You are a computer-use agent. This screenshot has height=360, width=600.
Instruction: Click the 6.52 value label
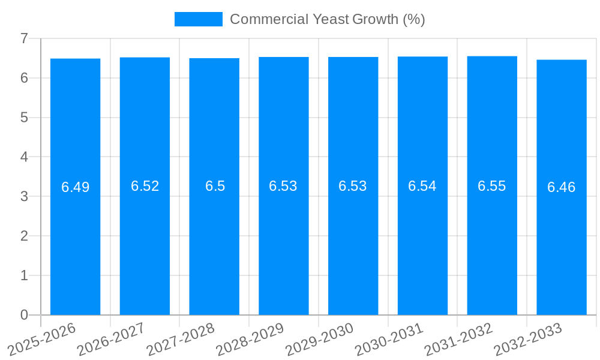tap(145, 186)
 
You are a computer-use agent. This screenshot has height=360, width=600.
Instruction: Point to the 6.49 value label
tap(75, 187)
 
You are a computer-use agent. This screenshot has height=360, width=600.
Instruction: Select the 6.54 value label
tap(422, 186)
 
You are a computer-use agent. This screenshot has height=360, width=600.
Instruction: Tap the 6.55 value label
tap(492, 186)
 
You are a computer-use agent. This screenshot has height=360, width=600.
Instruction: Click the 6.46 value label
tap(561, 187)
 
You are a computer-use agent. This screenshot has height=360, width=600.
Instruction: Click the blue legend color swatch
tap(198, 19)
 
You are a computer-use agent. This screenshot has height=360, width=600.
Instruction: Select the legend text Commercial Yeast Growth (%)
tap(327, 19)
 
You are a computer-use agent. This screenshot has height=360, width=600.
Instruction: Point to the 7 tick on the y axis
tap(24, 38)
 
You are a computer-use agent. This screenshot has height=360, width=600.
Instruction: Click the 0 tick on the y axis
tap(24, 315)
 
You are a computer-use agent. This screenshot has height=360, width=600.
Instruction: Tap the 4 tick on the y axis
tap(24, 157)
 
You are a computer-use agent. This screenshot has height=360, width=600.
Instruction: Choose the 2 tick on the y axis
tap(24, 236)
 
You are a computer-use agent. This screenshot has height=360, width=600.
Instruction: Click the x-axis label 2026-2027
tap(111, 338)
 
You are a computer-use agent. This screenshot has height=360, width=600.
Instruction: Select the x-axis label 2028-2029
tap(250, 338)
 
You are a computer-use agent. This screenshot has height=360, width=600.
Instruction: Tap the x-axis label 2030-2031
tap(389, 338)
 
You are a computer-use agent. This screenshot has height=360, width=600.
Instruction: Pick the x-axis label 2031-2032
tap(458, 338)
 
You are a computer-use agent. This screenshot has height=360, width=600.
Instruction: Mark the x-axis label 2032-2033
tap(527, 338)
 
